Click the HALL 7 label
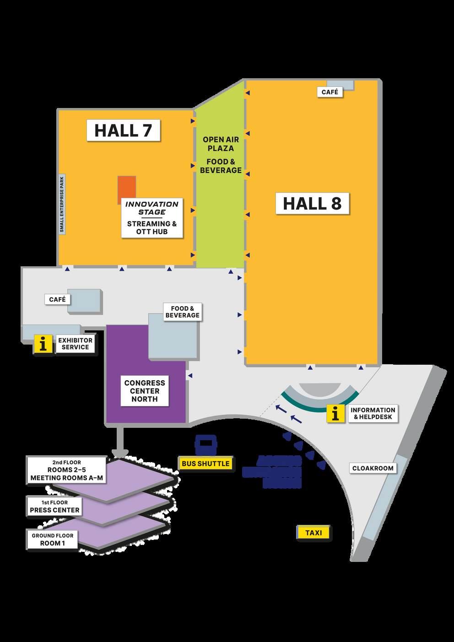pos(123,130)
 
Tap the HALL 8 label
pos(312,203)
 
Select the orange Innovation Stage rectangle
pos(127,188)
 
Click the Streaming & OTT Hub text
pos(152,227)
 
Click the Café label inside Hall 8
pos(330,92)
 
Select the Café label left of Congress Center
pos(58,300)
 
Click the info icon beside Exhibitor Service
pos(43,344)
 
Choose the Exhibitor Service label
pos(76,344)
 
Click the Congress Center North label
pos(145,391)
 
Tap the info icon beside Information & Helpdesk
pos(335,414)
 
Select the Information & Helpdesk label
pos(373,413)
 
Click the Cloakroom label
pos(373,468)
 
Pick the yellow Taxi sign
pos(313,533)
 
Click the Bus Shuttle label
pos(205,464)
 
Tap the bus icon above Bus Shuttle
pos(205,444)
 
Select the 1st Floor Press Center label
pos(54,507)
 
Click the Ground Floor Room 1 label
pos(53,539)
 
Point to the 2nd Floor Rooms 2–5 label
pos(67,470)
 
